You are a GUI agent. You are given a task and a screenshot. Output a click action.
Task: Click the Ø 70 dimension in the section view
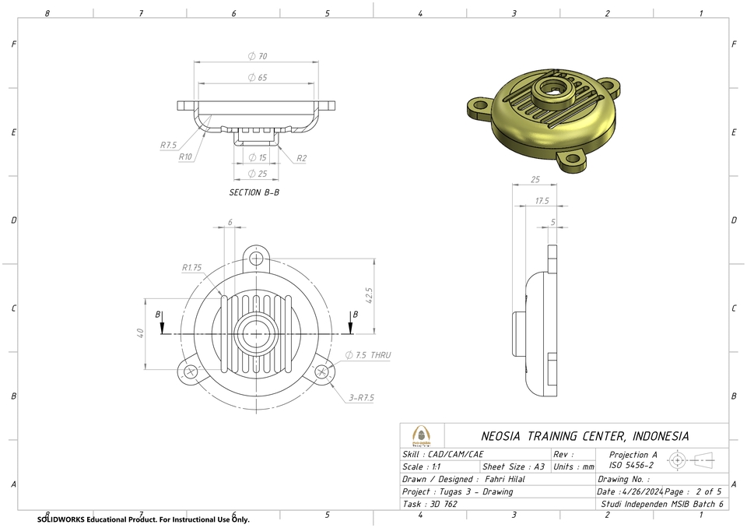click(x=257, y=57)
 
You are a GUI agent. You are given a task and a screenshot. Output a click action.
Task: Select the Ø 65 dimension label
click(x=257, y=78)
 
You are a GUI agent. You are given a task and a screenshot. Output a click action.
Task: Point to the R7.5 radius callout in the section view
click(x=169, y=145)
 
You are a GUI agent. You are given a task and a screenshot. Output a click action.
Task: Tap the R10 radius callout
click(x=185, y=157)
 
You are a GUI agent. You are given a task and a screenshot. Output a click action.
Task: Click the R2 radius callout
click(x=301, y=158)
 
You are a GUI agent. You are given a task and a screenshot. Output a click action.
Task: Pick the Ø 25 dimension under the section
click(x=257, y=174)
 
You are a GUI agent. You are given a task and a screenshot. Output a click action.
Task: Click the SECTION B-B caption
click(x=254, y=192)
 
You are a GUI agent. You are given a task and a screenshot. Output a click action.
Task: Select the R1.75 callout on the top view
click(x=191, y=268)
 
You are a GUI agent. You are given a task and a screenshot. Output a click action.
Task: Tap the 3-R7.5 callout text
click(x=362, y=398)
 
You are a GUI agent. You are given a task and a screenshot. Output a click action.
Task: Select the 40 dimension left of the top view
click(x=141, y=333)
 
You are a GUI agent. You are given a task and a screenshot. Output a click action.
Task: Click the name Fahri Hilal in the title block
click(x=504, y=480)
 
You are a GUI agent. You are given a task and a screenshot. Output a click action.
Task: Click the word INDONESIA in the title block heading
click(x=660, y=436)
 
